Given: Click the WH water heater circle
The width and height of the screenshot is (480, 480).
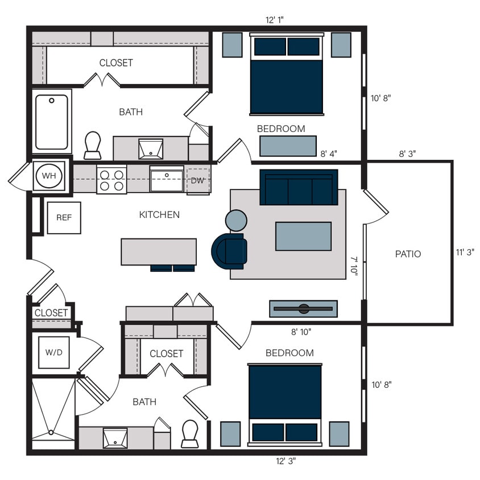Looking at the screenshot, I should [x=49, y=176].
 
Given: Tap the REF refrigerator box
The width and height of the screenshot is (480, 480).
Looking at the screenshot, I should [x=63, y=218].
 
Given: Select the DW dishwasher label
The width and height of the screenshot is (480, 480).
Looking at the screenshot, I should [x=197, y=181].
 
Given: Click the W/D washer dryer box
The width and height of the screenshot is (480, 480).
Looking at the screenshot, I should [x=53, y=353].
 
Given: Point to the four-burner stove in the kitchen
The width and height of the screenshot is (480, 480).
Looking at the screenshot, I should [x=111, y=180].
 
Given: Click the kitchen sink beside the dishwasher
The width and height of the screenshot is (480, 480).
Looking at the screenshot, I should [x=167, y=181].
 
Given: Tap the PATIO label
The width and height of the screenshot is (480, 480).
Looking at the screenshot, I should [x=408, y=254].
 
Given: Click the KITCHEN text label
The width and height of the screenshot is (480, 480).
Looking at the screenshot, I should [x=159, y=215].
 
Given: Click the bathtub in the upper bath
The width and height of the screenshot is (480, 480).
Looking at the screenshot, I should [x=52, y=121].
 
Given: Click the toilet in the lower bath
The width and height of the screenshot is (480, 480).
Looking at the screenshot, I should [x=189, y=434].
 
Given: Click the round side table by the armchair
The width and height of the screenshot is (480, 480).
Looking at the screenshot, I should [x=236, y=220].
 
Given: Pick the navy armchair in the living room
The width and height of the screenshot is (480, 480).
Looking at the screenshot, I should [x=230, y=251].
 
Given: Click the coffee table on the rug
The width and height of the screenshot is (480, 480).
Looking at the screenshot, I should [x=303, y=236].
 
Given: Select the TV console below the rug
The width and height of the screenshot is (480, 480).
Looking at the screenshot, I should [x=303, y=309].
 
